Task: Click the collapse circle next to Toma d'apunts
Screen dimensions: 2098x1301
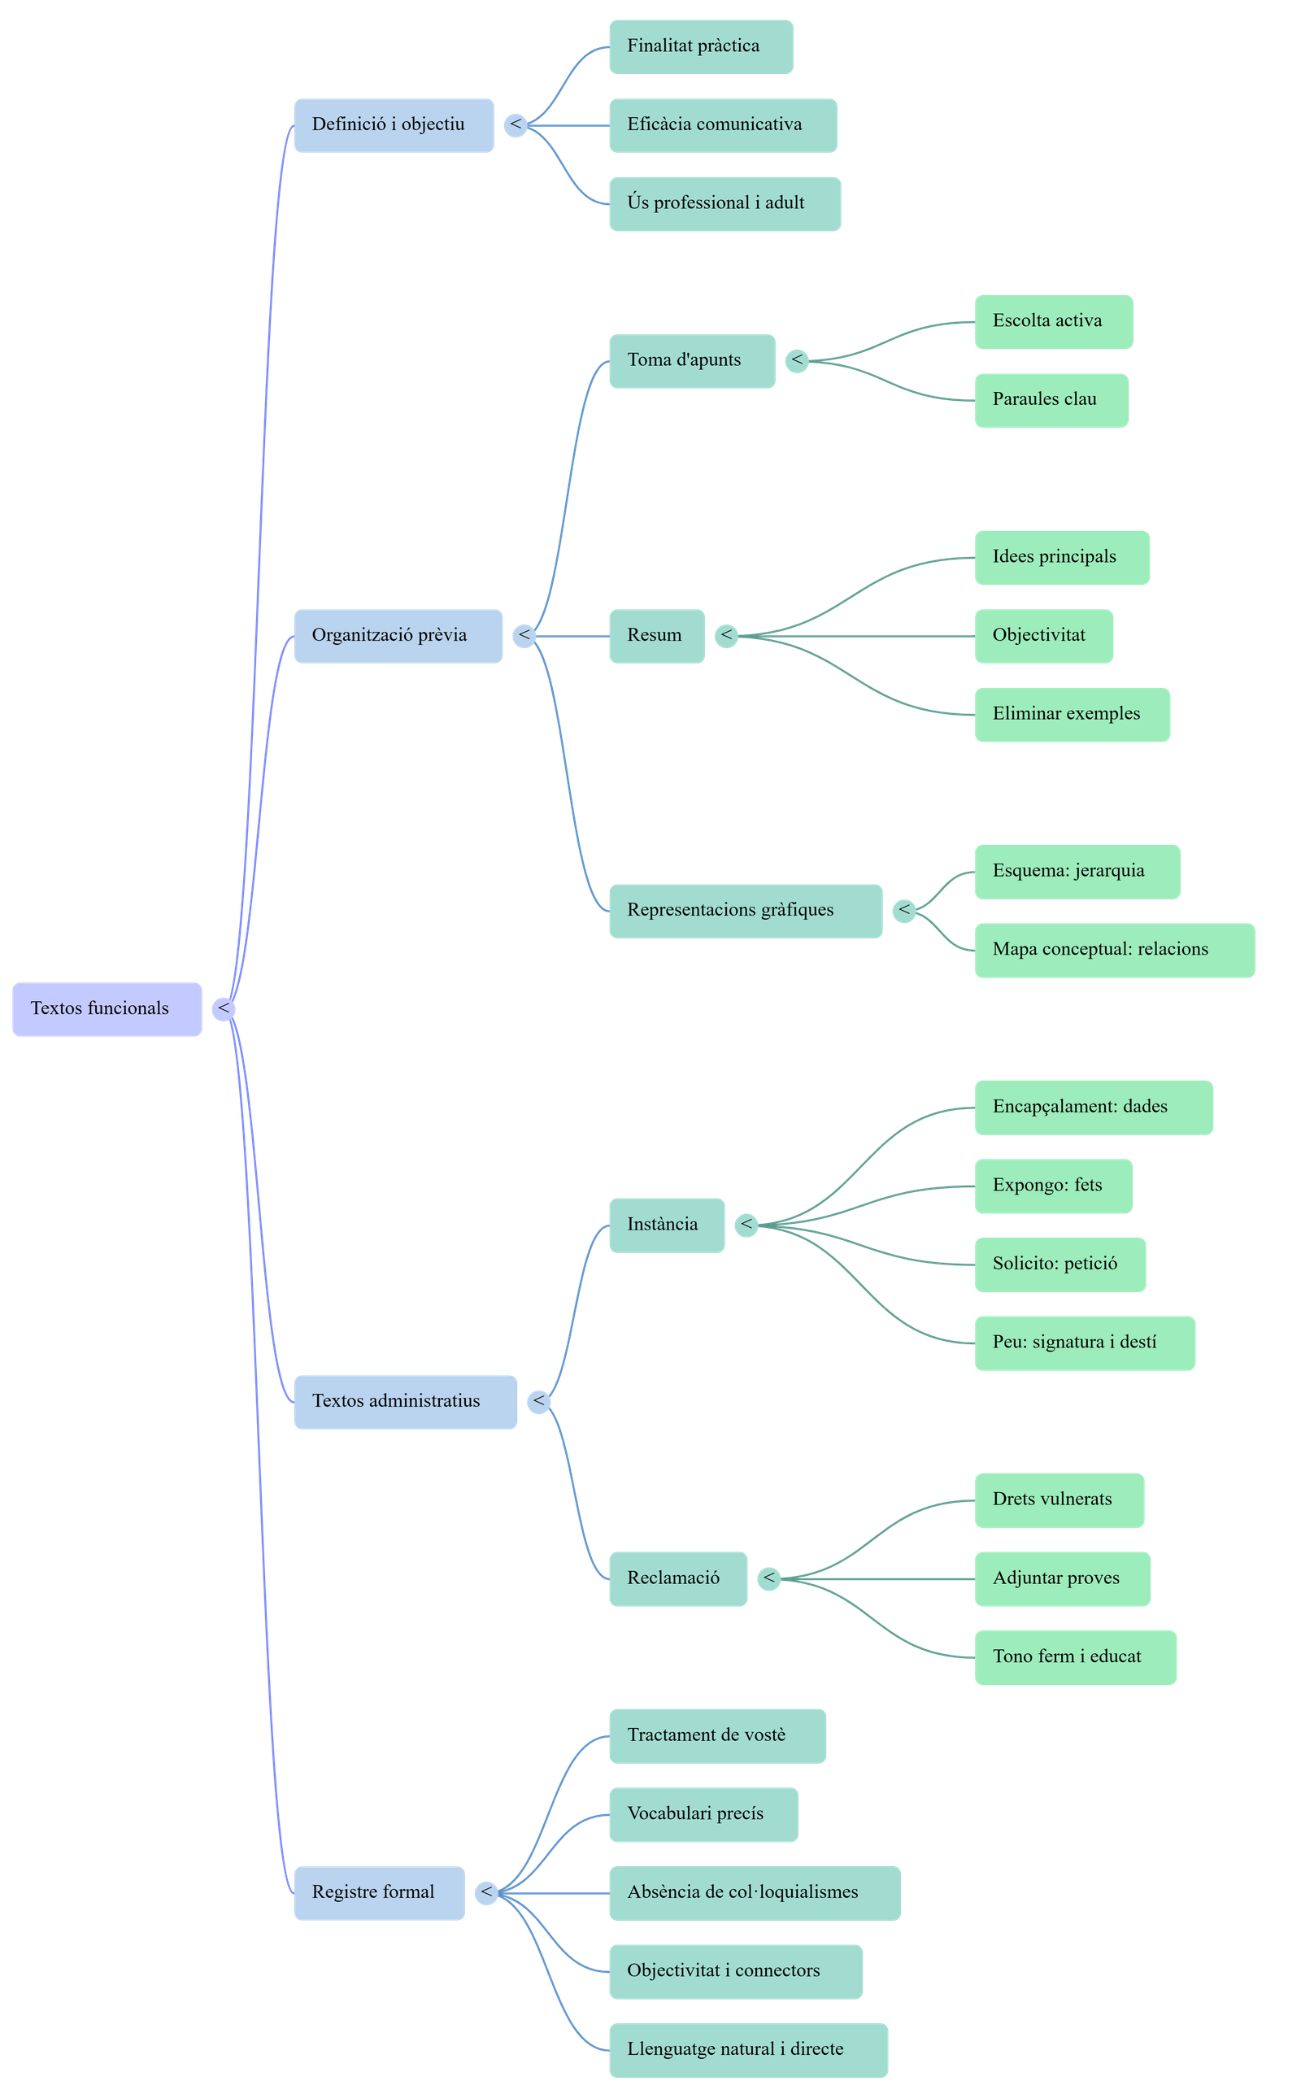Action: pyautogui.click(x=797, y=360)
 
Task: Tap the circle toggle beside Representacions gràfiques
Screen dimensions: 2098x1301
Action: pyautogui.click(x=903, y=911)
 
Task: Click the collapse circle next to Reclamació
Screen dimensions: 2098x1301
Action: pyautogui.click(x=768, y=1578)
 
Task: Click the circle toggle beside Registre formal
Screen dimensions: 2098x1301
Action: pyautogui.click(x=486, y=1892)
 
